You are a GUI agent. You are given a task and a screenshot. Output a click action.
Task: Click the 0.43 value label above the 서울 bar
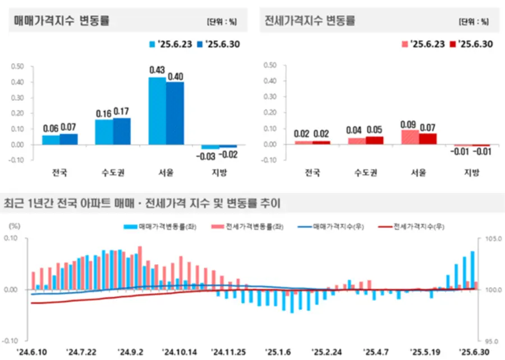click(x=157, y=70)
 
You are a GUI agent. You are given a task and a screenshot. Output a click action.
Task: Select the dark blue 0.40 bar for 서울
click(x=175, y=113)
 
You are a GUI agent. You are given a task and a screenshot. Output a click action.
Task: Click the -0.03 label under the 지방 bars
click(x=210, y=155)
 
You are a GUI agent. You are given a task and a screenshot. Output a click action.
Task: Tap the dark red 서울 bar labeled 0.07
click(x=427, y=139)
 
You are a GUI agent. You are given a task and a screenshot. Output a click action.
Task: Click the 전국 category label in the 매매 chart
click(x=59, y=172)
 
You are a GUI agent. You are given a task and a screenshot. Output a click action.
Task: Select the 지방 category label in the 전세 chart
click(x=471, y=172)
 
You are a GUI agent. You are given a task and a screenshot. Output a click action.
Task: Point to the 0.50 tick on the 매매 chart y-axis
click(x=17, y=66)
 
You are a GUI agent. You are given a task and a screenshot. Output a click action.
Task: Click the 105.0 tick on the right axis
click(x=490, y=239)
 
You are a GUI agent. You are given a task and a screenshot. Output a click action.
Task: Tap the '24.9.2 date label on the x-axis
click(x=131, y=352)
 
